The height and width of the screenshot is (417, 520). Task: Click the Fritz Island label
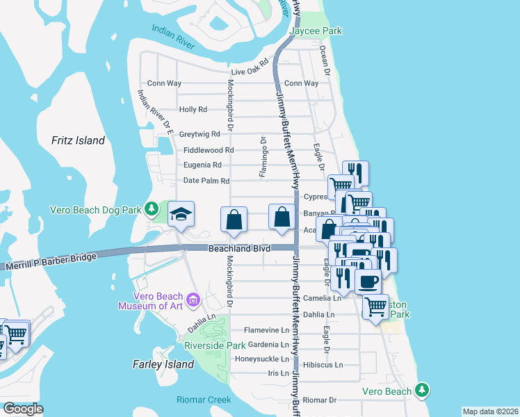(x=78, y=140)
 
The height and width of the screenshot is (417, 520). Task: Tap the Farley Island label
(x=163, y=364)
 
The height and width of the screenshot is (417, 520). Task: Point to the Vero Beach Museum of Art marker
(x=193, y=300)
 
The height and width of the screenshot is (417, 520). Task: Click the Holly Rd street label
(x=193, y=110)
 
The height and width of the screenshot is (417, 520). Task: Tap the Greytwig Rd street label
(x=199, y=134)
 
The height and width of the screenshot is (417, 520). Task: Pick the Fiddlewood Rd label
(x=209, y=150)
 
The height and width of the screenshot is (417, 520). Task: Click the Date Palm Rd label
(x=206, y=181)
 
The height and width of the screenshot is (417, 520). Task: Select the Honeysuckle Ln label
(x=261, y=359)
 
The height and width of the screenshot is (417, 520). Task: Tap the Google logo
(x=23, y=409)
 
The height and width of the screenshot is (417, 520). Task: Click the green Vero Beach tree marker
(x=421, y=391)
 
